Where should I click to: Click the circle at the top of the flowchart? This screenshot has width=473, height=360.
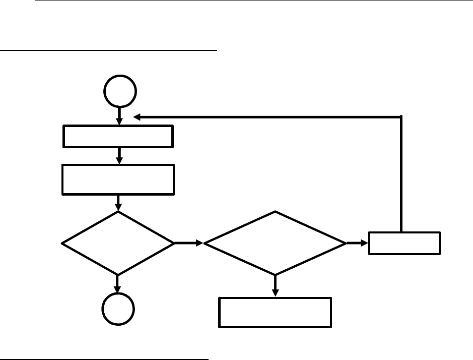tap(119, 91)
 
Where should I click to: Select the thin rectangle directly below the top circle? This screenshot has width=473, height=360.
tap(118, 136)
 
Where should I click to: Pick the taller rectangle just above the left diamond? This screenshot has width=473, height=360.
tap(118, 179)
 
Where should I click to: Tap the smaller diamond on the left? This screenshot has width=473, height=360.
tap(118, 243)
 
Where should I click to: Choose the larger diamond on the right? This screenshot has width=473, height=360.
tap(275, 243)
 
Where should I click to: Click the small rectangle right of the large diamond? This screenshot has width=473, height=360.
tap(404, 243)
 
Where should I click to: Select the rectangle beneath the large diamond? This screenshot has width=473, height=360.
tap(275, 313)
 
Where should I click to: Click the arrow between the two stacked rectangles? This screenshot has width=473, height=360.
tap(119, 156)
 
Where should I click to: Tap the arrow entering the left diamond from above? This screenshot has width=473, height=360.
tap(118, 203)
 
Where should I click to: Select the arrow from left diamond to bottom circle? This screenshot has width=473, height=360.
tap(118, 284)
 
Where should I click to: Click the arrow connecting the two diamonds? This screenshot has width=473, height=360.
tap(188, 243)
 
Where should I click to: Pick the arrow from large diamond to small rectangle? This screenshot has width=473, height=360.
tap(357, 243)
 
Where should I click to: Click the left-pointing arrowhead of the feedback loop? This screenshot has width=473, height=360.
tap(137, 117)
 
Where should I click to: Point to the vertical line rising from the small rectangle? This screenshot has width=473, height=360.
tap(401, 176)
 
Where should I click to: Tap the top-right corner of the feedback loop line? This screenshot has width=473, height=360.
tap(401, 117)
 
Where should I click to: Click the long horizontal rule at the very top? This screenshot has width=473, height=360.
tap(252, 1)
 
